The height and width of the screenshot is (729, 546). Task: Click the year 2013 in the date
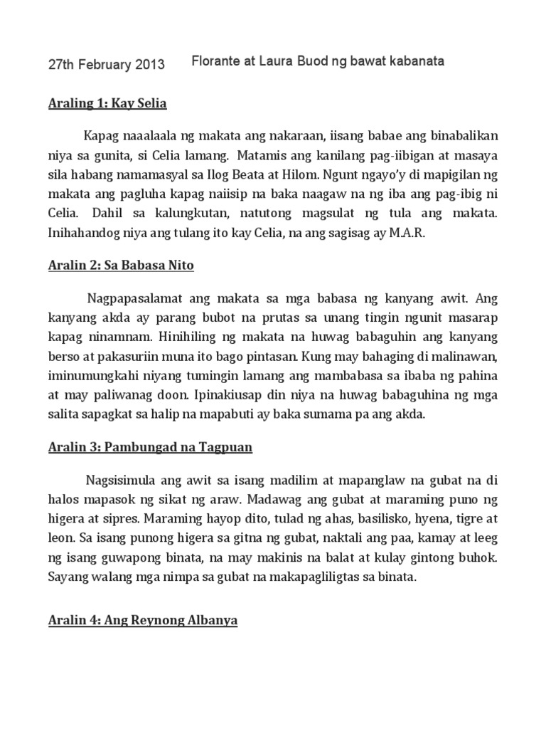pos(150,65)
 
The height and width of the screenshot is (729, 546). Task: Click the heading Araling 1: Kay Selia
pos(107,104)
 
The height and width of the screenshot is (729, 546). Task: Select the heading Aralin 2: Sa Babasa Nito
pos(121,266)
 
